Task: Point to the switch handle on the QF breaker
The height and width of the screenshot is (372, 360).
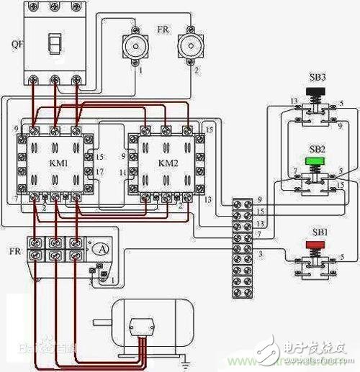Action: tap(53, 44)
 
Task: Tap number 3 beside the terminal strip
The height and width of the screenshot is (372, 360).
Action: tap(261, 254)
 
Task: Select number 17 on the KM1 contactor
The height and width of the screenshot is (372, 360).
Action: tap(99, 171)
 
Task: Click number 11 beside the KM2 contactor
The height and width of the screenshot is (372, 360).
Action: tap(122, 173)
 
